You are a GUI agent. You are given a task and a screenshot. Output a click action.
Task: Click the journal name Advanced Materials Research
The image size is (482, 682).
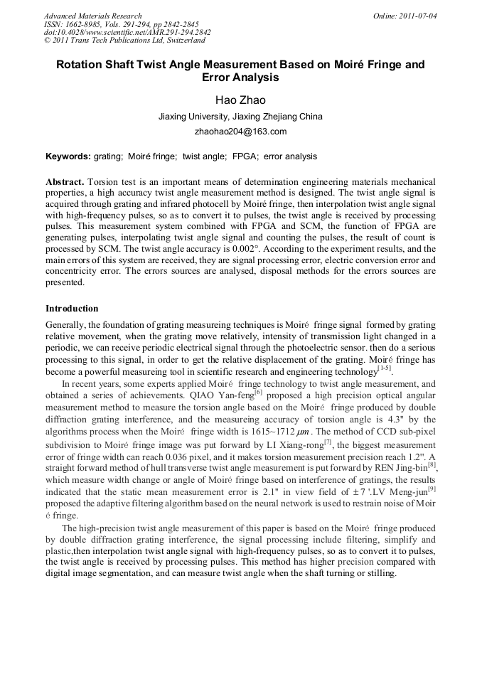(x=93, y=16)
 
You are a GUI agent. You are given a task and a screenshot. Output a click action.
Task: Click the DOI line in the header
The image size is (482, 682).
(x=127, y=33)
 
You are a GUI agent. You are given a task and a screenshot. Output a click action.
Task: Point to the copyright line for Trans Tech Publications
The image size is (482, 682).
(x=124, y=41)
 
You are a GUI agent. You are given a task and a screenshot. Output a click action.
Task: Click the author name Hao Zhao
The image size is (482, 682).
(x=240, y=100)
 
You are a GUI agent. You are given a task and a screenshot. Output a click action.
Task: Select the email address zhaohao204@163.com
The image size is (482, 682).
(x=240, y=132)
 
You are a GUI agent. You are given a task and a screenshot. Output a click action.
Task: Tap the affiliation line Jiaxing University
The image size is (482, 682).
(x=240, y=117)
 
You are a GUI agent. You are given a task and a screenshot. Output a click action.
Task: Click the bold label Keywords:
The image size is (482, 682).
(x=68, y=156)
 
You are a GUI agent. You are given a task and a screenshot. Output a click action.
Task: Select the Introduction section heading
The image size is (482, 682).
(x=72, y=309)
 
